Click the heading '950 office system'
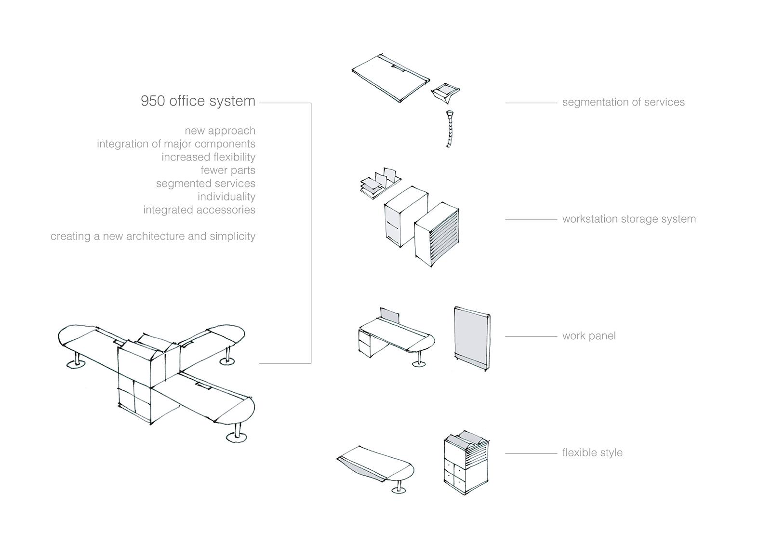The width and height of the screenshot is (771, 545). click(x=198, y=101)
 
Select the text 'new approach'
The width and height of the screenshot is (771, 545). click(x=220, y=131)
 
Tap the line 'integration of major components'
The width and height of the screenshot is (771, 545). click(x=176, y=144)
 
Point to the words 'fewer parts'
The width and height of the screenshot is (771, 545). click(x=228, y=170)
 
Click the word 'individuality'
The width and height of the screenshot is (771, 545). click(x=226, y=197)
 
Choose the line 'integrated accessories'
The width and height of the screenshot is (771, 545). click(x=199, y=210)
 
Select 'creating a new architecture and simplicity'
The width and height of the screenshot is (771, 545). click(x=153, y=237)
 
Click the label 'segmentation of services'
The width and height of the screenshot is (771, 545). click(x=623, y=102)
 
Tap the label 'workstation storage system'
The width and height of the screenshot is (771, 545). click(x=629, y=219)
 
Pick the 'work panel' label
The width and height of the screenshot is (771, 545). click(x=589, y=336)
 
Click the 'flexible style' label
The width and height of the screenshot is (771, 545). click(x=592, y=452)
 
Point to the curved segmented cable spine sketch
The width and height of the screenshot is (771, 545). click(x=449, y=129)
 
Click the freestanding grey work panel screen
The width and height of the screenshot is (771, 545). click(x=472, y=340)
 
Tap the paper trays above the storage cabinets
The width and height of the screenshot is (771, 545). click(x=379, y=182)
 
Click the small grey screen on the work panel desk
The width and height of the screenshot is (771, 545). click(x=390, y=316)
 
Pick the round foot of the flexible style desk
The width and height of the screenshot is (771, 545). click(x=399, y=491)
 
